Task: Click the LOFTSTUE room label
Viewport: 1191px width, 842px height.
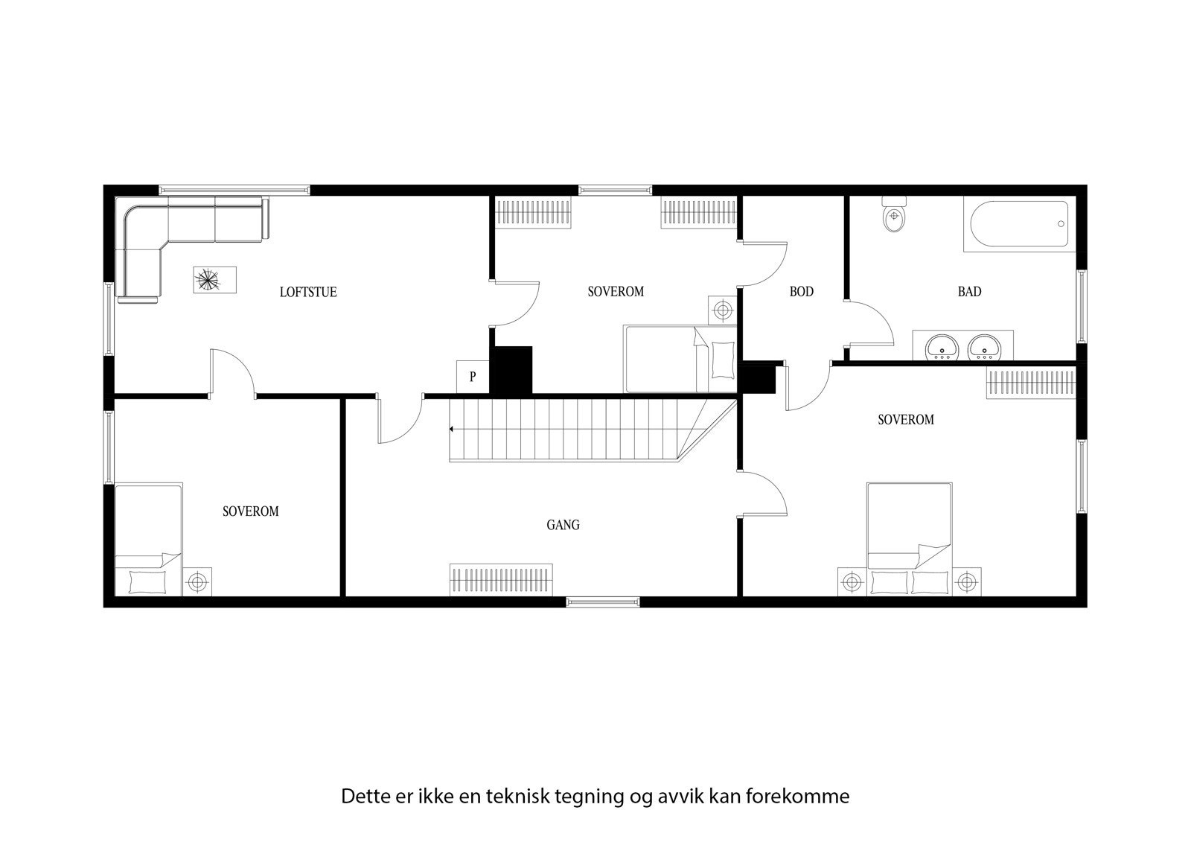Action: pyautogui.click(x=308, y=292)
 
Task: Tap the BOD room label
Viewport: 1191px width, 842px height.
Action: pyautogui.click(x=802, y=292)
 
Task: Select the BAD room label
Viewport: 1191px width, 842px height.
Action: pyautogui.click(x=969, y=292)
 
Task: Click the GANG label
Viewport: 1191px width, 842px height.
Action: pyautogui.click(x=563, y=525)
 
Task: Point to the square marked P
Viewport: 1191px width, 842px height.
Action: pyautogui.click(x=473, y=377)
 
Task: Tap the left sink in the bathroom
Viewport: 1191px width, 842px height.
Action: pyautogui.click(x=942, y=347)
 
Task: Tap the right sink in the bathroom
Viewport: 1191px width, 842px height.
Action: pyautogui.click(x=987, y=347)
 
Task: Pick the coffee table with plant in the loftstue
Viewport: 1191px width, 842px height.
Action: pyautogui.click(x=216, y=281)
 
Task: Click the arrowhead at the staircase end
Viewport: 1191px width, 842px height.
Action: pyautogui.click(x=451, y=430)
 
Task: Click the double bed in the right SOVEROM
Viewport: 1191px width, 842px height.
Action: pyautogui.click(x=909, y=538)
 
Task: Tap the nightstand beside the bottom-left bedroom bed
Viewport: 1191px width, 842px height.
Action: pyautogui.click(x=197, y=581)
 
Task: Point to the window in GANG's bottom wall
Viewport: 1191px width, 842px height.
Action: pyautogui.click(x=603, y=602)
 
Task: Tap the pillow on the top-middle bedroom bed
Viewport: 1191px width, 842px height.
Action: pyautogui.click(x=722, y=360)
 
